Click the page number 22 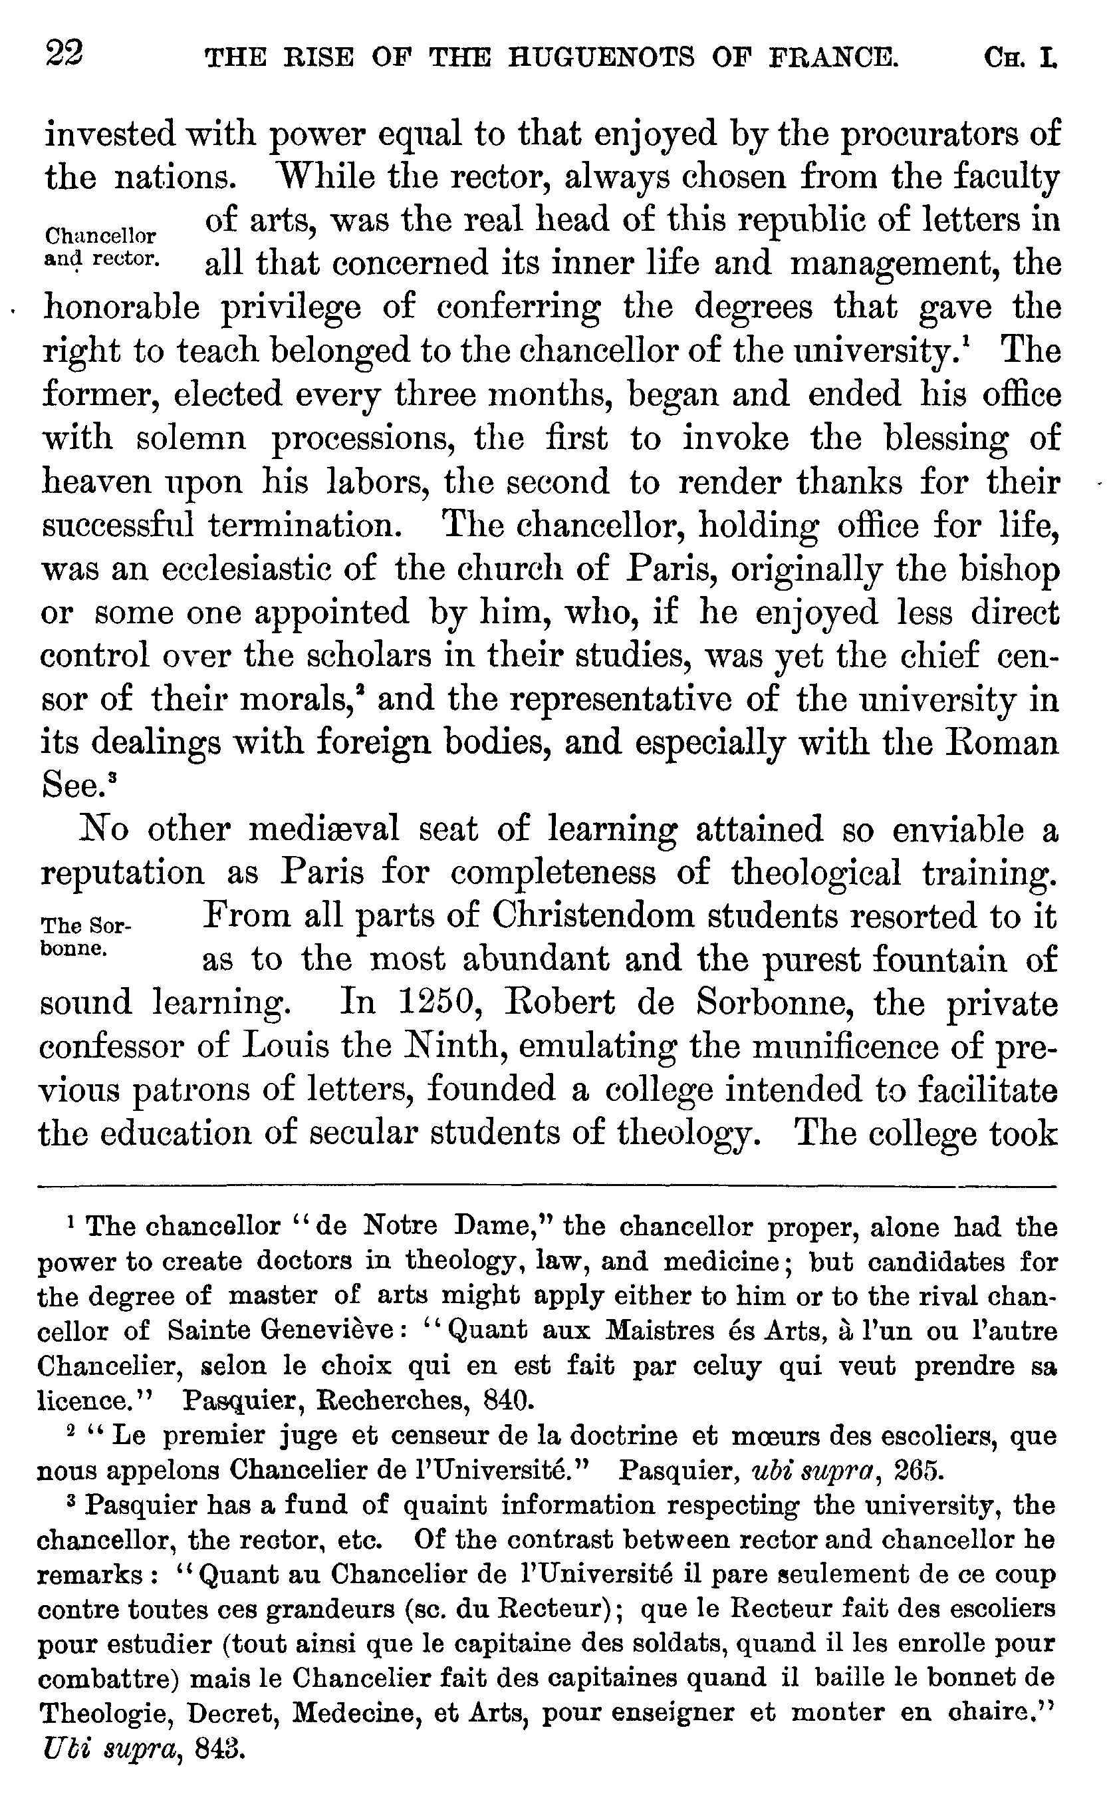[x=64, y=54]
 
